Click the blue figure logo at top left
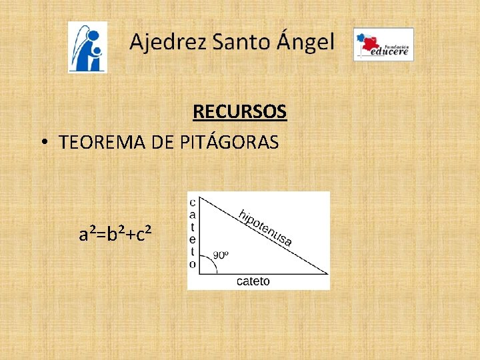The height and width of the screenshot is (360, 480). click(87, 47)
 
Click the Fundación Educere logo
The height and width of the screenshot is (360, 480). click(383, 45)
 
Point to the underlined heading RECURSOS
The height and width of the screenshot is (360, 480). click(240, 111)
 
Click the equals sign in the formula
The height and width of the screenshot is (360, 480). click(101, 235)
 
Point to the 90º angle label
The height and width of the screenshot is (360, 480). click(221, 255)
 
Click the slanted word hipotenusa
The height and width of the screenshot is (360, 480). click(265, 228)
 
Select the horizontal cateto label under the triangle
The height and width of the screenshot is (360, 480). click(253, 281)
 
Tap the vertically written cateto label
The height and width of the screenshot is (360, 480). click(193, 233)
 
